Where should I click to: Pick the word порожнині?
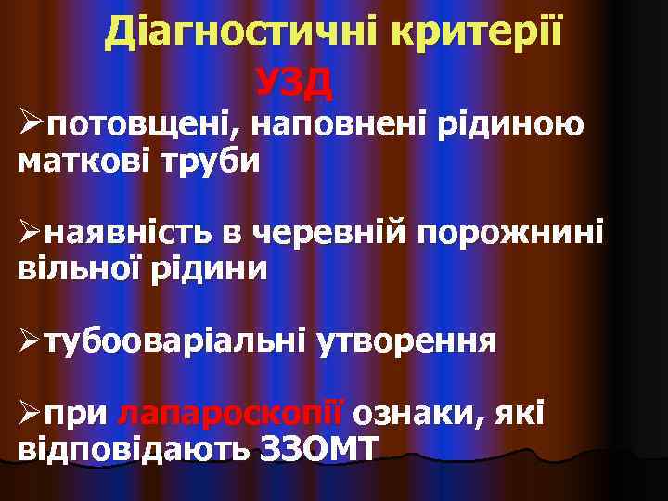pos(511,232)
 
